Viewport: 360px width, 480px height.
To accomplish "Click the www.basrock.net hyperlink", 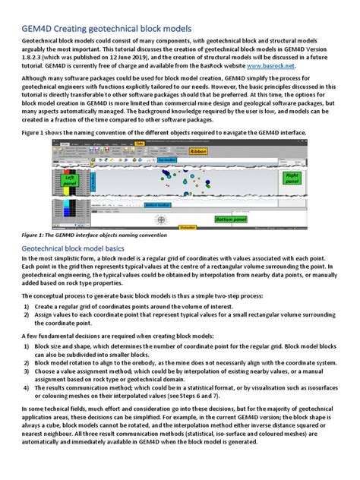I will [273, 65].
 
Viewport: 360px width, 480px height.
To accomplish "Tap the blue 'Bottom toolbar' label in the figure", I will [158, 205].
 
